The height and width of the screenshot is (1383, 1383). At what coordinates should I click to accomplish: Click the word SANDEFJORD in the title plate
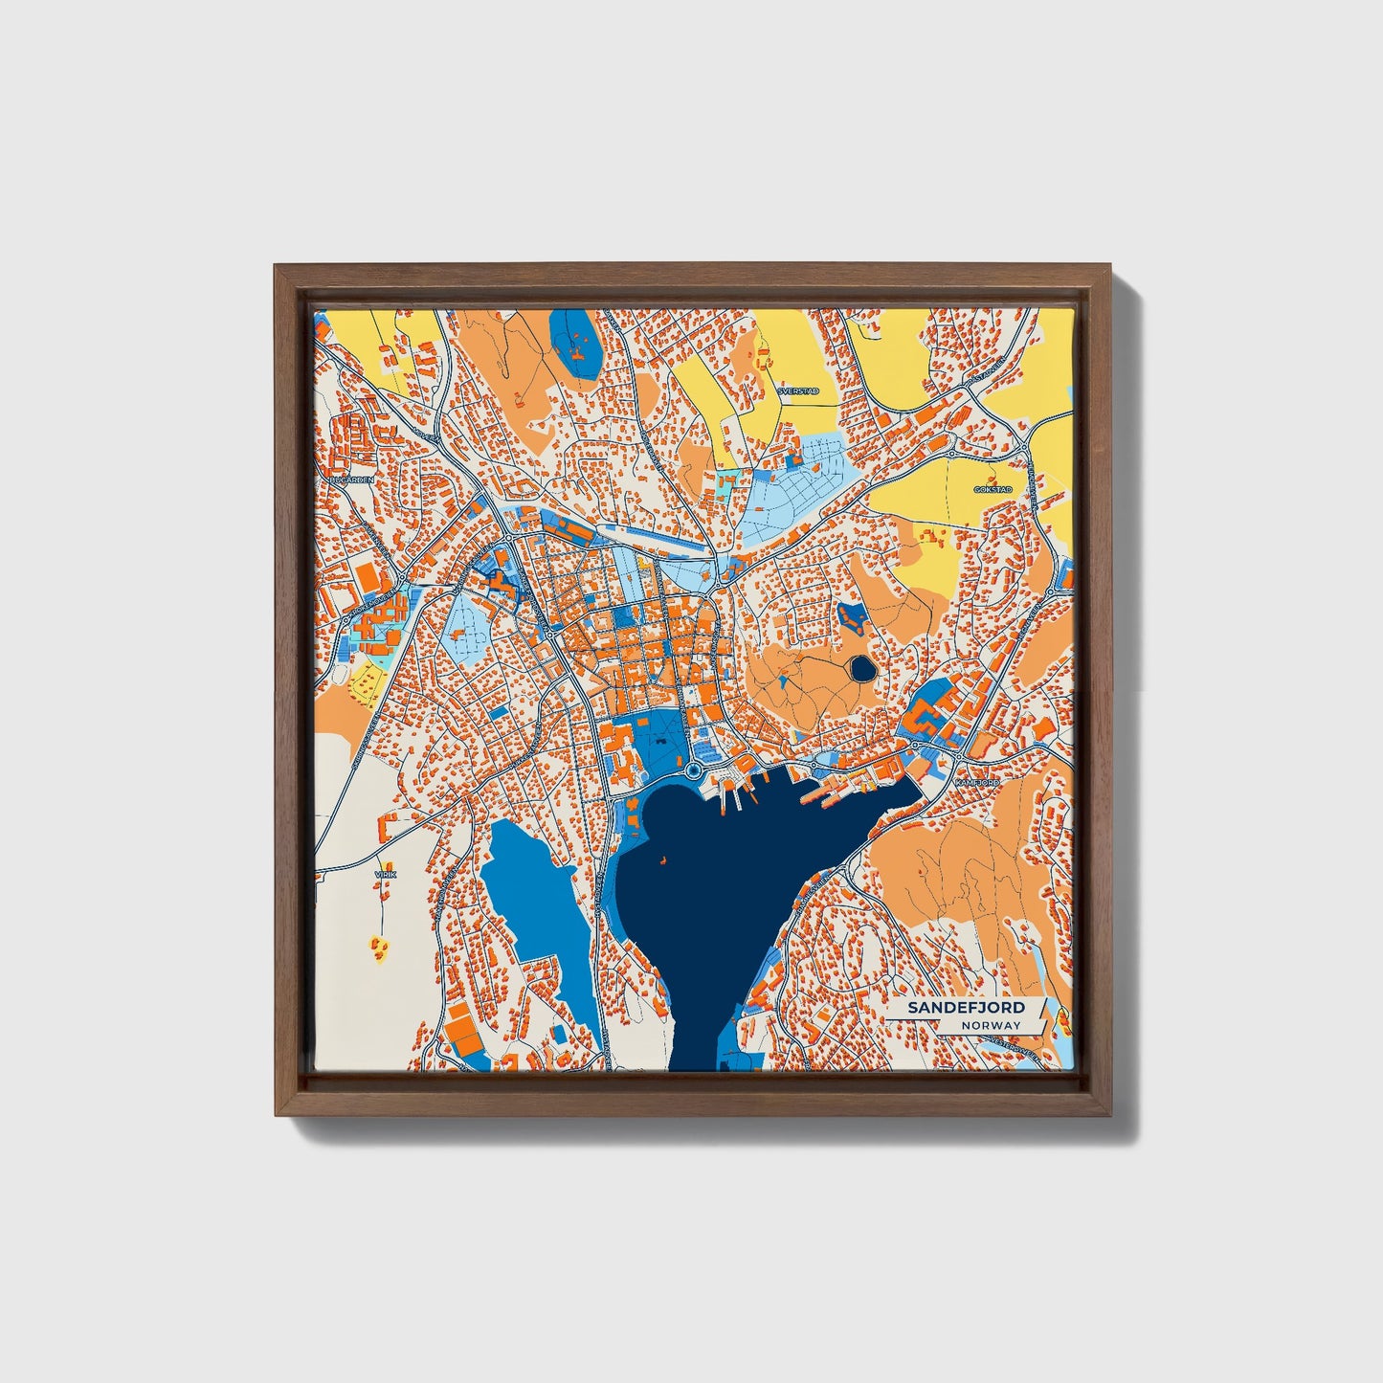[x=966, y=1008]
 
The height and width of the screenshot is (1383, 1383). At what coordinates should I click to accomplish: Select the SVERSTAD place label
[x=798, y=391]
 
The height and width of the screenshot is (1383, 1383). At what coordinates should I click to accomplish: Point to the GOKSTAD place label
[x=993, y=489]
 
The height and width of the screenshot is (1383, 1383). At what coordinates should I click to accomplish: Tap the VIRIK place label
[x=385, y=874]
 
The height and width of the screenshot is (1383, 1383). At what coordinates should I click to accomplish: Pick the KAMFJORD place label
[x=977, y=783]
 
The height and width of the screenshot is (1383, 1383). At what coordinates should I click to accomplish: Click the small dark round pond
[x=861, y=668]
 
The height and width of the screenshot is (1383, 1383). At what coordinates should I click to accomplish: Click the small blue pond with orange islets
[x=851, y=617]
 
